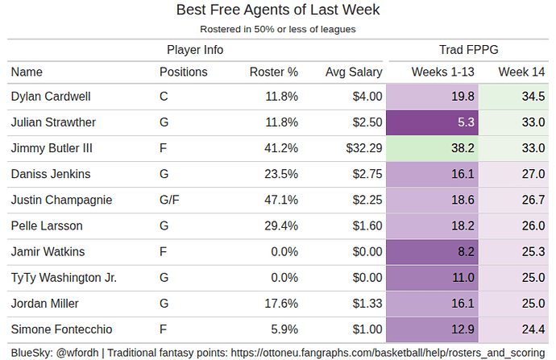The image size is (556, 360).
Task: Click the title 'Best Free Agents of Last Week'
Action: (277, 10)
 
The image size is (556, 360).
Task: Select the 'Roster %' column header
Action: (274, 72)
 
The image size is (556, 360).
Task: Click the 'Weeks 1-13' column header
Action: (442, 72)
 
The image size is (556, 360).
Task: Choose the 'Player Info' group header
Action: (195, 49)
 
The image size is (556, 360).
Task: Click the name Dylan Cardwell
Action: (50, 97)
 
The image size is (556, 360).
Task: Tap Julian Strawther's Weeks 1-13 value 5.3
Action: (465, 122)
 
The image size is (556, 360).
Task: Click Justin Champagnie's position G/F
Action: (171, 200)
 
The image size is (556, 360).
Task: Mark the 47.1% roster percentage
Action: (281, 200)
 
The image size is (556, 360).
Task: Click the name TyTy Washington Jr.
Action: (64, 277)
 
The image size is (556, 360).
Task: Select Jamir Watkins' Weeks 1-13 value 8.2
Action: (465, 251)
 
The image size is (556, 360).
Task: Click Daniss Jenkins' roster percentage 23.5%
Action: (281, 174)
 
